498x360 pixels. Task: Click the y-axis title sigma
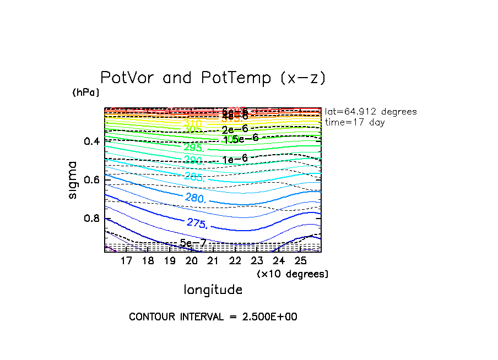73,180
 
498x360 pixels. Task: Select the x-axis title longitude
213,289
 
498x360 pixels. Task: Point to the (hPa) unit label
86,92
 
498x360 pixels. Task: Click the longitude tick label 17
126,260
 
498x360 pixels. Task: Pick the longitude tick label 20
192,260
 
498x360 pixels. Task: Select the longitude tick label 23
257,260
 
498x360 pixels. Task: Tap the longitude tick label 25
300,260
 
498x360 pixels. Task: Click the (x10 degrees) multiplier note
293,274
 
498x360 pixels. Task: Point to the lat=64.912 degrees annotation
371,112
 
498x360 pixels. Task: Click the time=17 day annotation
355,122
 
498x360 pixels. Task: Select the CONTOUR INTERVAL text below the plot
213,317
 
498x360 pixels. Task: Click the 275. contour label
197,223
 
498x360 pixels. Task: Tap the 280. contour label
196,198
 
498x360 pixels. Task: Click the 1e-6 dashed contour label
235,159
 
